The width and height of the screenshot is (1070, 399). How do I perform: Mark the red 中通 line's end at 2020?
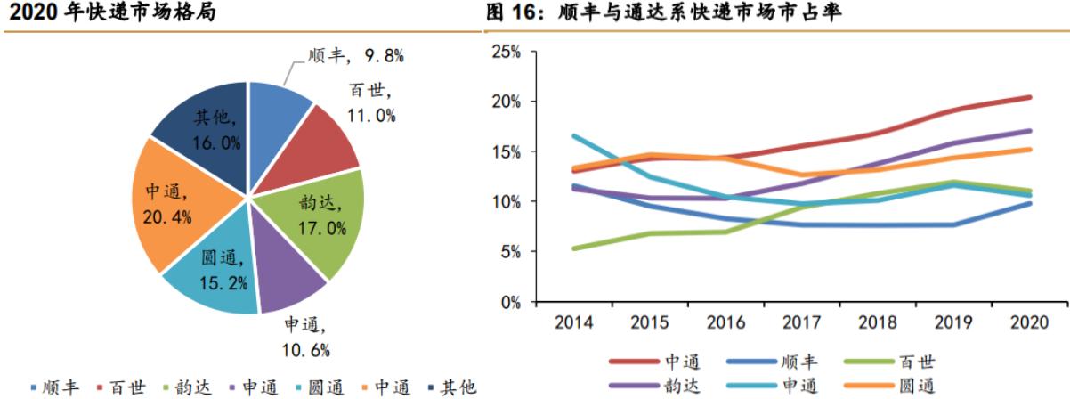[x=1031, y=97]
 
